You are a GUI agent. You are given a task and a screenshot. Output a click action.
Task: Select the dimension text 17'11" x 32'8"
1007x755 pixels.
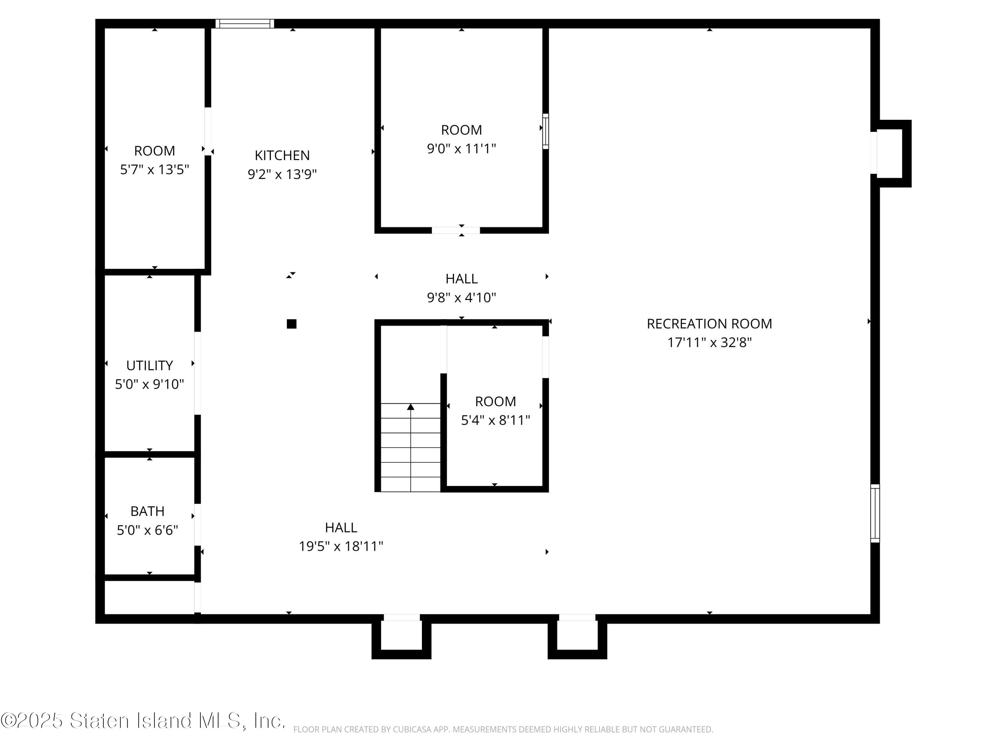tap(709, 342)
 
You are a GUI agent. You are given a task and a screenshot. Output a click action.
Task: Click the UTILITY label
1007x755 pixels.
tap(149, 365)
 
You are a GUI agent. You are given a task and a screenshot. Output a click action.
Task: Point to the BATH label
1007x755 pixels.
tap(147, 511)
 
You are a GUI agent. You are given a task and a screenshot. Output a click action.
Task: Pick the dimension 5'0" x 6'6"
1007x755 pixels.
tap(147, 530)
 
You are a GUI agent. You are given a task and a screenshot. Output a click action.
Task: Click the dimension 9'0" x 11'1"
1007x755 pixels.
tap(461, 148)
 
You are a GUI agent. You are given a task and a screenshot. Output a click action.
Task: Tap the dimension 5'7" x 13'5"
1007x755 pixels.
tap(154, 169)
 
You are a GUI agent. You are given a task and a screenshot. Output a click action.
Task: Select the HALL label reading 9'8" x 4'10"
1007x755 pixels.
tap(461, 279)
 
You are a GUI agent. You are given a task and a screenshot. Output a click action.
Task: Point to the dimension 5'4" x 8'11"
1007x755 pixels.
tap(495, 420)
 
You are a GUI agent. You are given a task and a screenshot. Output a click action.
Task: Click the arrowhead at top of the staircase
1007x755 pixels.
tap(411, 407)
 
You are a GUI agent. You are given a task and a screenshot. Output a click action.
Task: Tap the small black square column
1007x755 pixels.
tap(291, 324)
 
